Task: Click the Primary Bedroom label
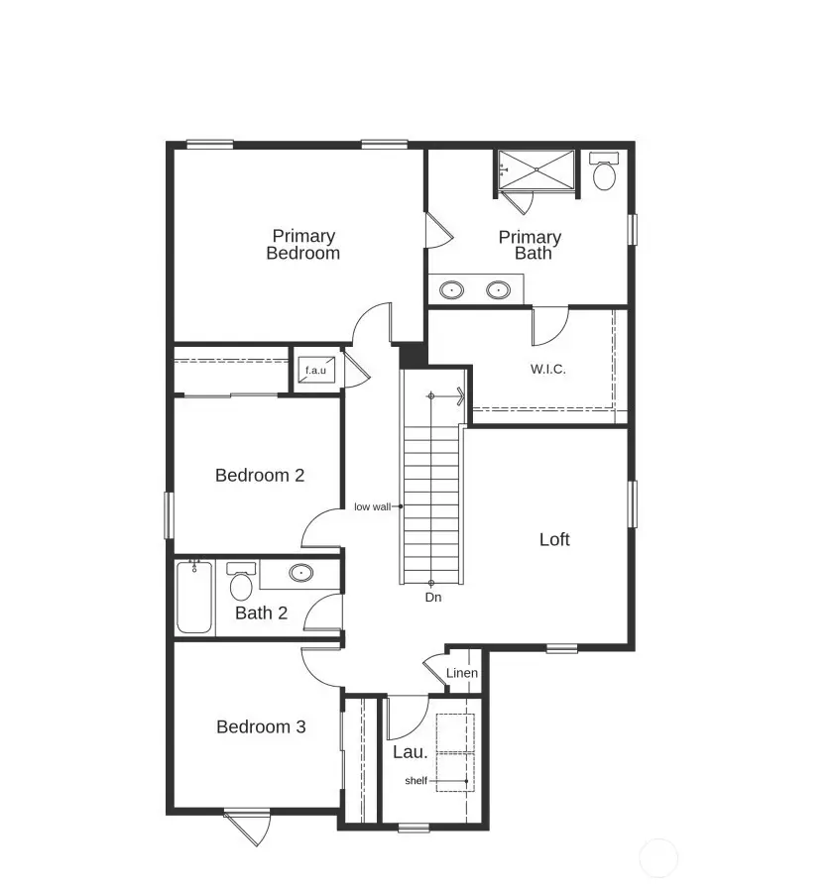[303, 244]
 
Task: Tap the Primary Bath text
[530, 245]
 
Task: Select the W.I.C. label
[547, 369]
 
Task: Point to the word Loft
[554, 539]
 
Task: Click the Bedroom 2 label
[260, 475]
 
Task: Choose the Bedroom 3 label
[261, 726]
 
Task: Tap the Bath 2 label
[261, 612]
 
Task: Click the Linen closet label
[462, 673]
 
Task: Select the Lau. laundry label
[410, 751]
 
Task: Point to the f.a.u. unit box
[315, 371]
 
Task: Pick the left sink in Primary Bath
[452, 290]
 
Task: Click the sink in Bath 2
[300, 573]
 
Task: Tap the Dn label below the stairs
[432, 598]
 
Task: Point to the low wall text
[373, 506]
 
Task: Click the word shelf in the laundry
[417, 781]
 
